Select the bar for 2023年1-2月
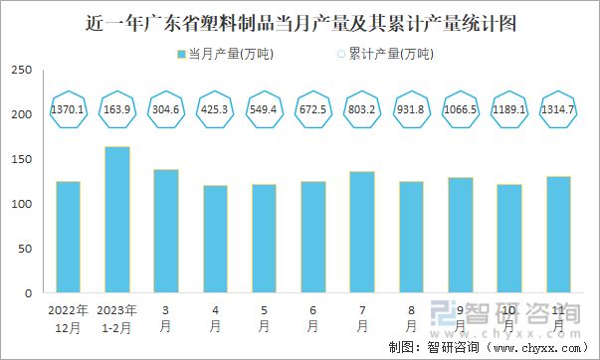(116, 220)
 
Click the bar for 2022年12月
(68, 238)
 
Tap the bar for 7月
(362, 233)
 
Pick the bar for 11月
(557, 235)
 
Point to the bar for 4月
(215, 239)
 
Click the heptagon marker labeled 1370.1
(68, 108)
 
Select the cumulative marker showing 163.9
(116, 108)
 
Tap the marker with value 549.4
(264, 108)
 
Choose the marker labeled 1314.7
(557, 108)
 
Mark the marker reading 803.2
(362, 108)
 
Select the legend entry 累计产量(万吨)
(382, 54)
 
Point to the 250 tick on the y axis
(22, 71)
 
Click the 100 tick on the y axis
(22, 205)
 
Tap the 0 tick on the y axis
(29, 294)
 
